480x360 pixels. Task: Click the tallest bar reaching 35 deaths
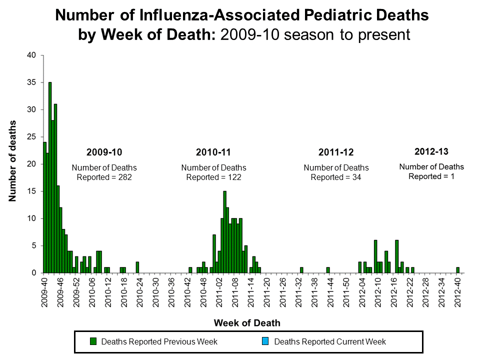[50, 177]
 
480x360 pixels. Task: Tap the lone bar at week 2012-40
[457, 270]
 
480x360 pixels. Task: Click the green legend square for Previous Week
[93, 342]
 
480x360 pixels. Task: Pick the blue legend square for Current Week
[265, 342]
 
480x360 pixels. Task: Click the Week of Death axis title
[247, 323]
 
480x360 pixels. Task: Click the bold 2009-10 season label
[104, 152]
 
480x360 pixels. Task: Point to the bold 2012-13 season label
[431, 151]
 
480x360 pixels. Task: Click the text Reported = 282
[104, 177]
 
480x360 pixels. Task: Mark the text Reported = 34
[336, 177]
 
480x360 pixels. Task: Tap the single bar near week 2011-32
[301, 270]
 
